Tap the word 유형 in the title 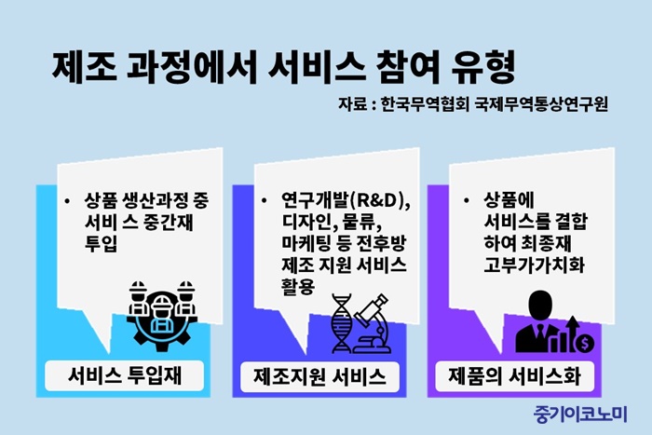click(484, 67)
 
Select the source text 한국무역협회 click(425, 104)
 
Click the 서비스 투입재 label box click(124, 376)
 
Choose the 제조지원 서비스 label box click(319, 376)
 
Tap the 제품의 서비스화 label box click(514, 376)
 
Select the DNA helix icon click(342, 323)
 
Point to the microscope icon click(371, 323)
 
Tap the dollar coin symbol click(585, 343)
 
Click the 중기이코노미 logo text click(580, 414)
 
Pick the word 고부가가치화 click(535, 265)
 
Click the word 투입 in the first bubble click(101, 243)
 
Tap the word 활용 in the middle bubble click(298, 286)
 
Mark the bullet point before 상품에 click(466, 201)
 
